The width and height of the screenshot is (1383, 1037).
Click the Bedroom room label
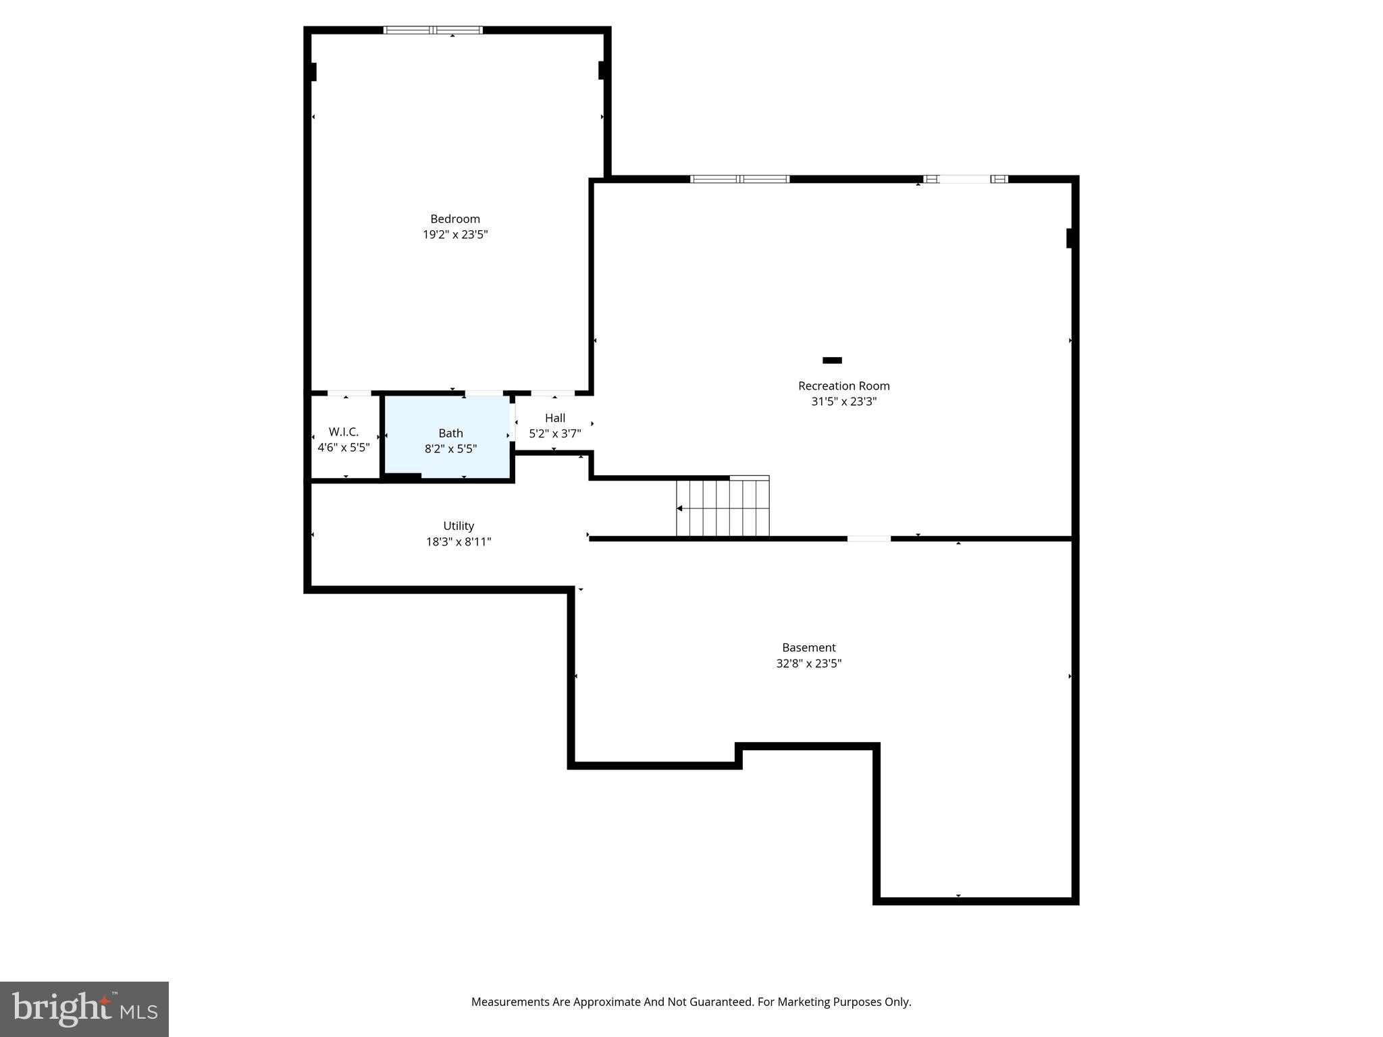click(455, 219)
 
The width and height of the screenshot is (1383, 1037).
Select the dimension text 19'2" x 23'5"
click(455, 235)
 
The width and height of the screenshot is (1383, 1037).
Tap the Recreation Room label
click(843, 385)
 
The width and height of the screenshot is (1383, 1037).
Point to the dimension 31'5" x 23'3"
click(843, 402)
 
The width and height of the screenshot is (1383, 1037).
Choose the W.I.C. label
click(344, 432)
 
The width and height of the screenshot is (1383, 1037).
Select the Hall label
click(554, 418)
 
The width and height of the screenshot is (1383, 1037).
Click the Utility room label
click(459, 526)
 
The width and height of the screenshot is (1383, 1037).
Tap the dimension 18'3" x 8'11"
click(459, 541)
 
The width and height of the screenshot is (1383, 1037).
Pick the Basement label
click(808, 647)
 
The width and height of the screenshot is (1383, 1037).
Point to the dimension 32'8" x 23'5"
click(808, 664)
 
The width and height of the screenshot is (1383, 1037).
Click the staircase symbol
click(723, 507)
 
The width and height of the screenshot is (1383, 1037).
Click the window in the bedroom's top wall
click(433, 30)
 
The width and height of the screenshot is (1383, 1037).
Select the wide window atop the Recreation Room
click(739, 179)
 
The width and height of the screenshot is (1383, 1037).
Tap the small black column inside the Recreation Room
click(832, 361)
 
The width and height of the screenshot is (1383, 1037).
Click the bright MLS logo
click(84, 1009)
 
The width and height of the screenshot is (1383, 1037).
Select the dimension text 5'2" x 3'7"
click(554, 434)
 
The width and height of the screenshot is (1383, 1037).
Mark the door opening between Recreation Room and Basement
click(868, 538)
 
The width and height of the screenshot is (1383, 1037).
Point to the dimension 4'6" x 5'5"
click(344, 448)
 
